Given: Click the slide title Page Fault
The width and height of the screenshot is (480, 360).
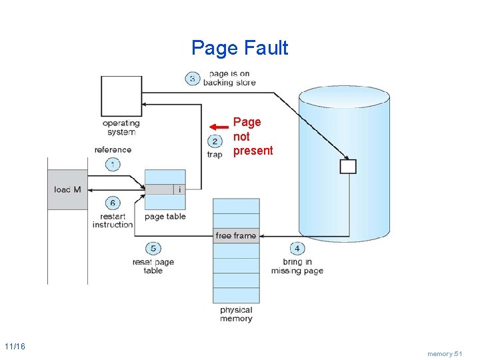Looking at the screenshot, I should (x=239, y=48).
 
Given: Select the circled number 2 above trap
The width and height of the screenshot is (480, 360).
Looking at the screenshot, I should (x=215, y=141).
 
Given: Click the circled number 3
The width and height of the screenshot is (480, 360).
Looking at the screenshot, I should (x=193, y=79).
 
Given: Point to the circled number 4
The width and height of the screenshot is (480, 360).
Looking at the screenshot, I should (x=296, y=249).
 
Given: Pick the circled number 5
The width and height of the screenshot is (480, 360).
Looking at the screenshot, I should (x=153, y=249).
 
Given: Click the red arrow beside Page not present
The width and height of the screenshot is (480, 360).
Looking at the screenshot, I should (x=218, y=127).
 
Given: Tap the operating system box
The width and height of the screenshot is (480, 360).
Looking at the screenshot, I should (x=121, y=95).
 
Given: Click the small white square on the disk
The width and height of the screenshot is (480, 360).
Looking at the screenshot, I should (x=348, y=166).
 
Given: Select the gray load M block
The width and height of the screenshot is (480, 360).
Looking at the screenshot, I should (x=67, y=190).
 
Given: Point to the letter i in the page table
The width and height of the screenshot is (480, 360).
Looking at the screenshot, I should (x=179, y=189).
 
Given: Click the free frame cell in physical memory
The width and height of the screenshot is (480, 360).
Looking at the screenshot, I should (x=236, y=235).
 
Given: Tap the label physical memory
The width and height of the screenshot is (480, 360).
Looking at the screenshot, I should (x=236, y=314).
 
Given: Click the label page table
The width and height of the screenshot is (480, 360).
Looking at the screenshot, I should (x=165, y=217).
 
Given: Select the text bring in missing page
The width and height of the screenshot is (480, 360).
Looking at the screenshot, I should (x=297, y=266).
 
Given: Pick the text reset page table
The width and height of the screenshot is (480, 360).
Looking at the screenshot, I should (x=153, y=266).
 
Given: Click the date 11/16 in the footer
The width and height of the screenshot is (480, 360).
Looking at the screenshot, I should (x=15, y=346).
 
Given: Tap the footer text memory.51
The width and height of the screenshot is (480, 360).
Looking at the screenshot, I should (x=445, y=353).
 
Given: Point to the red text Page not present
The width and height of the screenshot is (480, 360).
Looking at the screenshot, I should (x=253, y=137).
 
